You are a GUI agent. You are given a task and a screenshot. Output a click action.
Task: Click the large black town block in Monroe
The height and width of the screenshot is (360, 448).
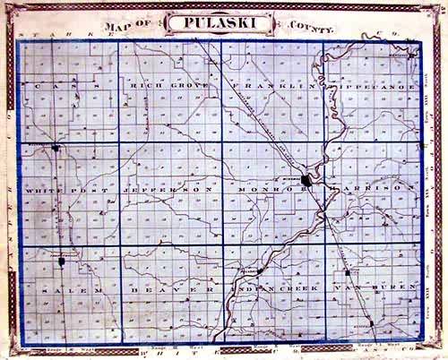pyautogui.click(x=306, y=180)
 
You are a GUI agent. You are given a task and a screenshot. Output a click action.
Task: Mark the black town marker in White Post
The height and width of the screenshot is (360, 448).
pyautogui.click(x=56, y=147)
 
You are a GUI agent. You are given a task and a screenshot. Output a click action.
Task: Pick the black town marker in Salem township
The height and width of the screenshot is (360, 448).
pyautogui.click(x=62, y=260)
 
